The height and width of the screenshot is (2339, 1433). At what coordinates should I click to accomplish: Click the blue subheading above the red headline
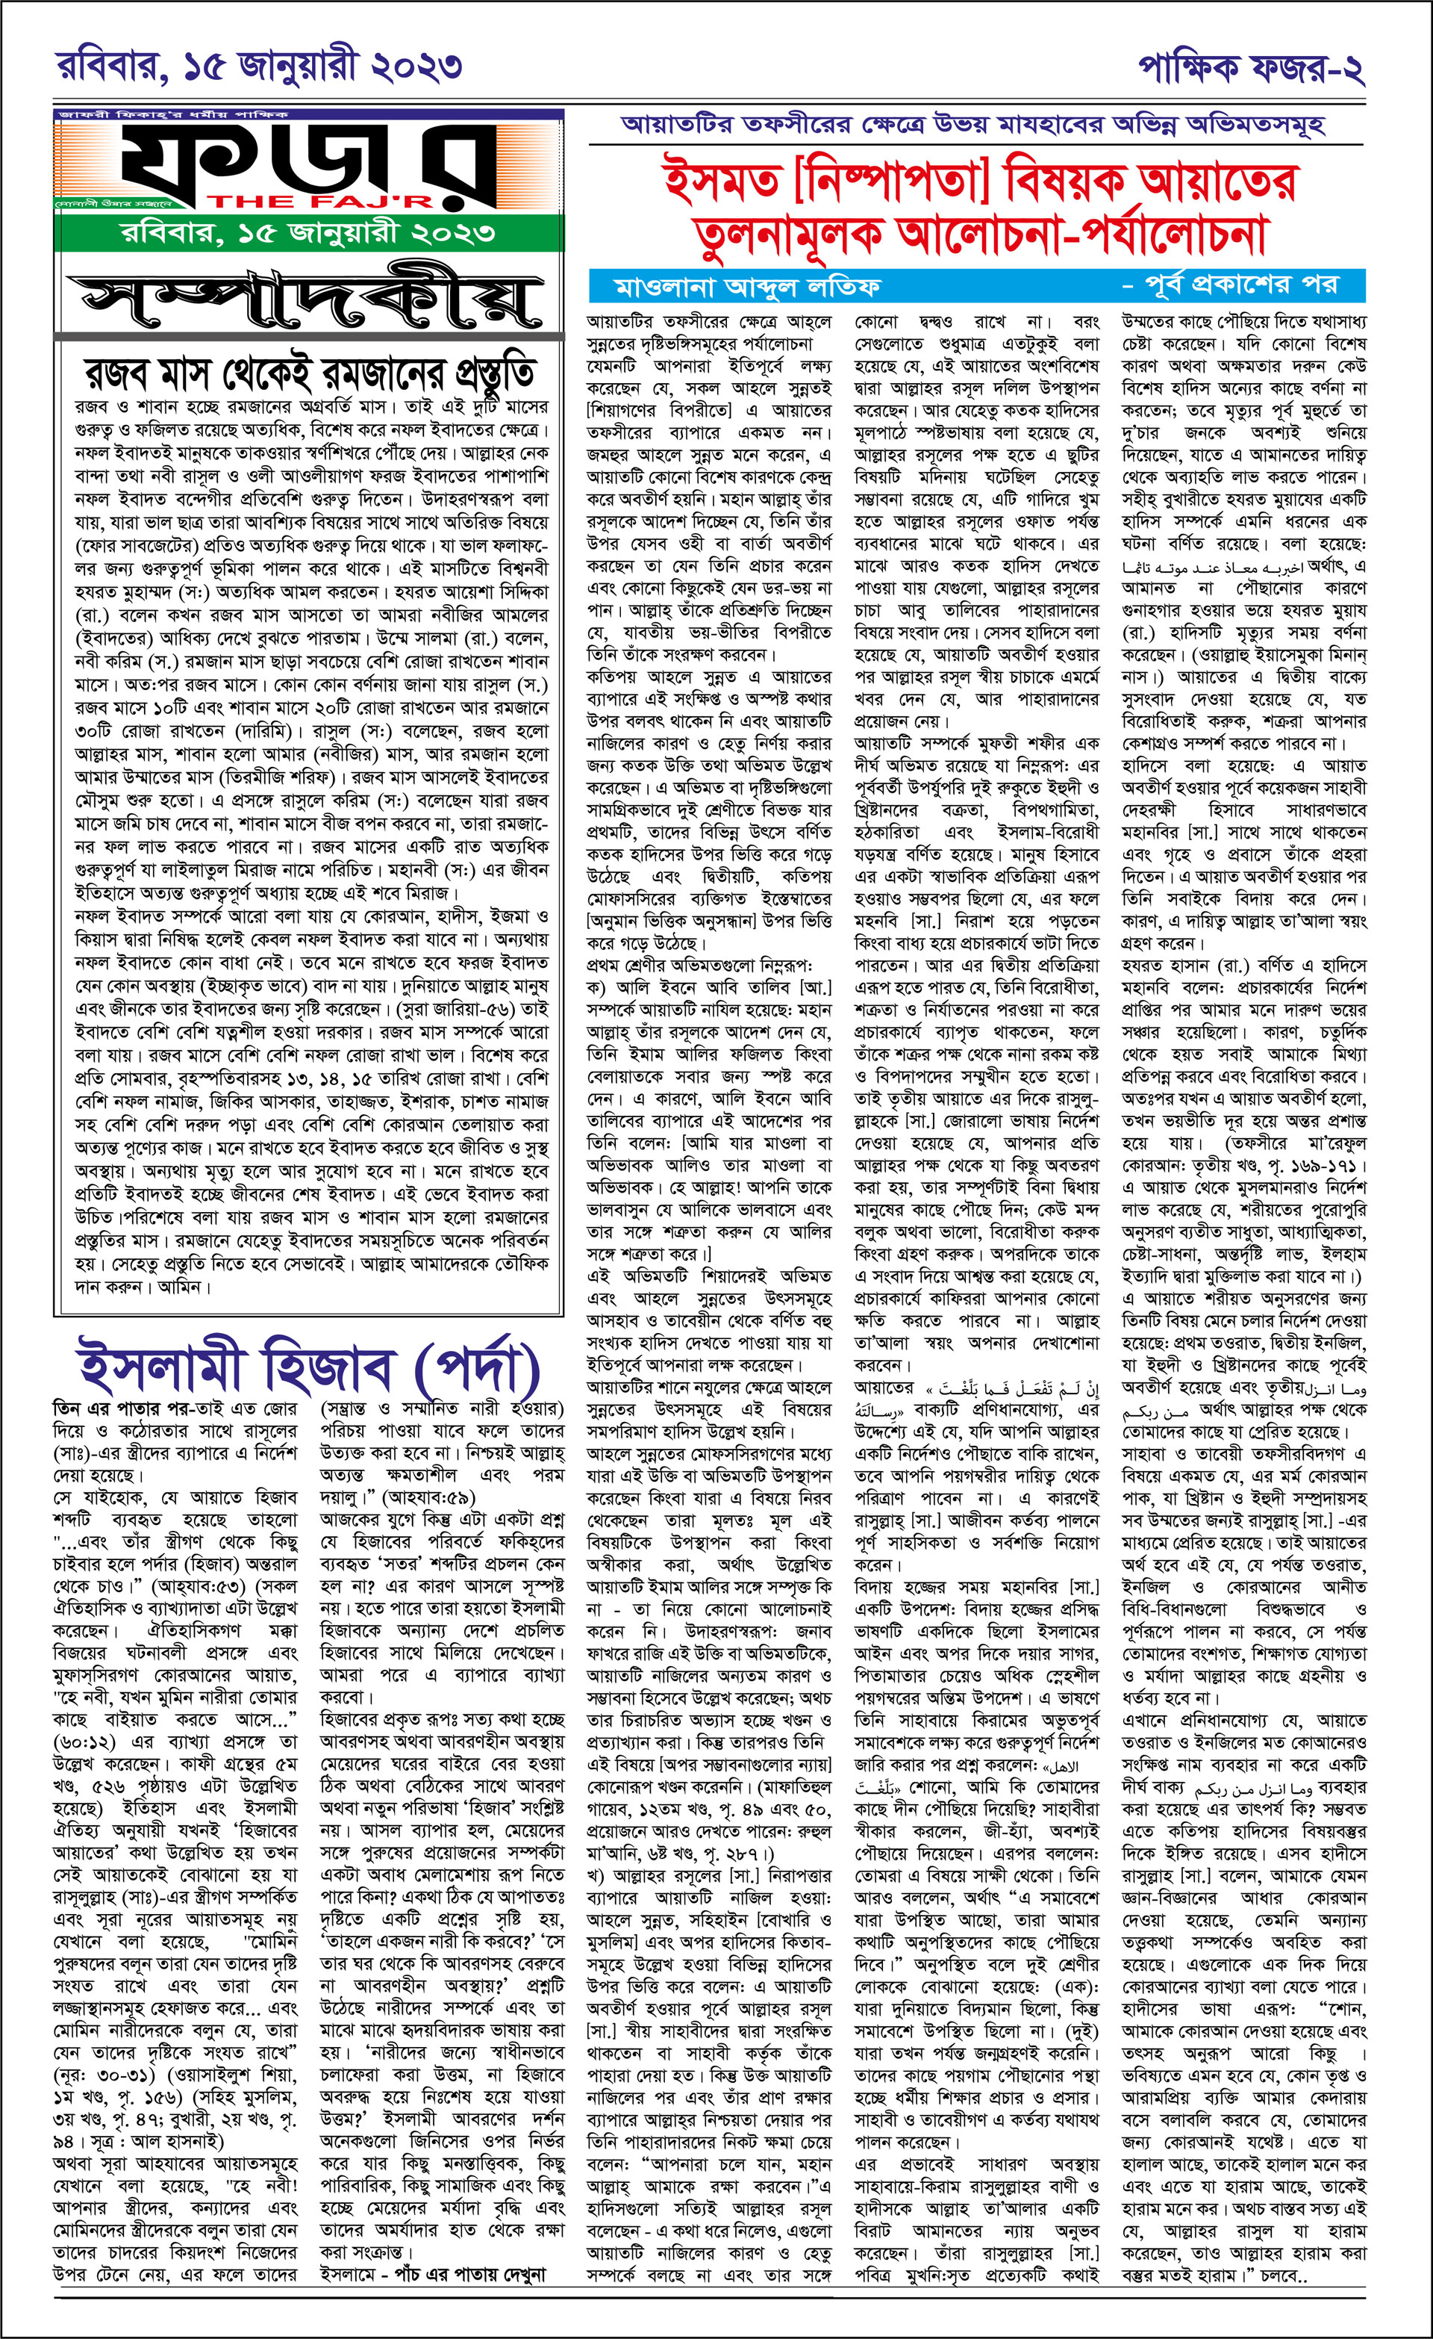(x=972, y=125)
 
